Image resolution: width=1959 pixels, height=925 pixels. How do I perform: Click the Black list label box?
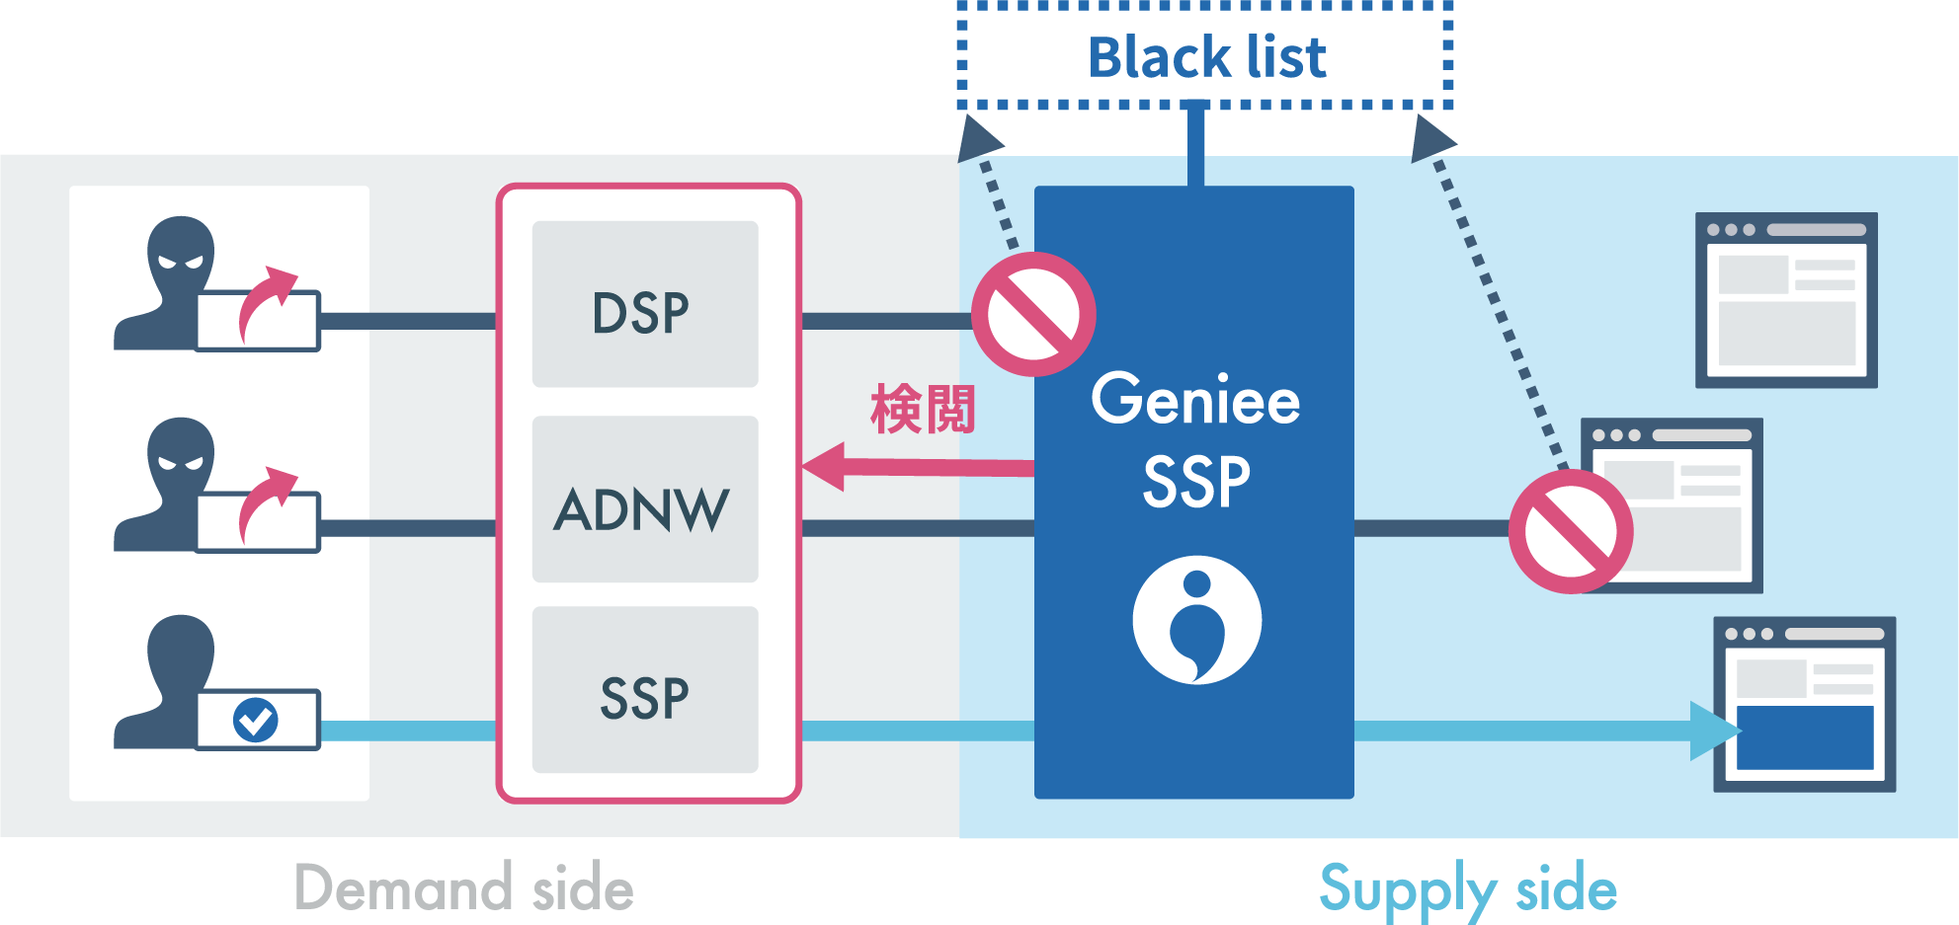1205,56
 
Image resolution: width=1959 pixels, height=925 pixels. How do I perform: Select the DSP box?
644,304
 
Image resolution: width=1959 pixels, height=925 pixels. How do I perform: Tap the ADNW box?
644,500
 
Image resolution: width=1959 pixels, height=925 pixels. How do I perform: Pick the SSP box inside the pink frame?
644,690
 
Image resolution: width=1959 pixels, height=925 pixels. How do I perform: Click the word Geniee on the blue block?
1195,400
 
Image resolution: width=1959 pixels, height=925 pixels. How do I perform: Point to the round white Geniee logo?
1196,620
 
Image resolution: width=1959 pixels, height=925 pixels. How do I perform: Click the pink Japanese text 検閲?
923,410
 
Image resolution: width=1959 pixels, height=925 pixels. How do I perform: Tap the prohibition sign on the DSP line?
1033,314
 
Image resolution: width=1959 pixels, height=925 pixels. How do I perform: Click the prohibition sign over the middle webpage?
1571,531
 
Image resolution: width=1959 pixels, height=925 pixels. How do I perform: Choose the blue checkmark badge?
256,720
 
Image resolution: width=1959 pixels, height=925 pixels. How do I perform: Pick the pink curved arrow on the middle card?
265,503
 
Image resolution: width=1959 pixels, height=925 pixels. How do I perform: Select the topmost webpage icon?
1786,300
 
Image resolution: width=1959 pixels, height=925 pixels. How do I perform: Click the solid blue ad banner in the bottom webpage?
1805,737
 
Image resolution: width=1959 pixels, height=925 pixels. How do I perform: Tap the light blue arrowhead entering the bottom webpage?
1714,731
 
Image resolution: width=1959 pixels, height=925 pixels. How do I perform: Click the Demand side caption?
464,887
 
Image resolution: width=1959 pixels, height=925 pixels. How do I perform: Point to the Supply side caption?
1468,888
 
